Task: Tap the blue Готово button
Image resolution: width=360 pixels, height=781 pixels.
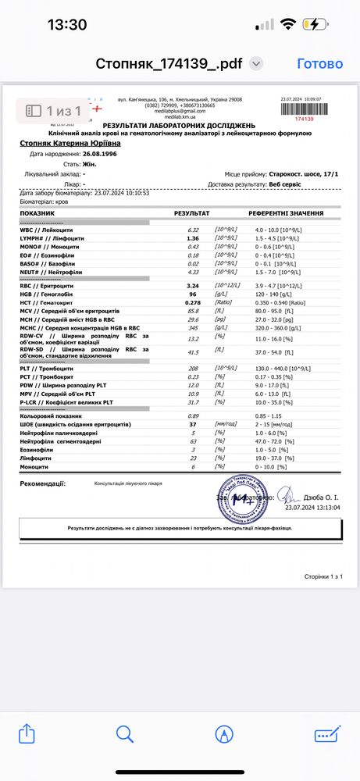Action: click(x=320, y=64)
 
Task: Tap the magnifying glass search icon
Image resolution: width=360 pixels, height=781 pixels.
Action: click(x=125, y=733)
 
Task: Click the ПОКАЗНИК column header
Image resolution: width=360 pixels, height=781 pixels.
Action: click(x=38, y=213)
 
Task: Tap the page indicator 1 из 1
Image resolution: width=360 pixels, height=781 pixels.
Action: click(x=55, y=112)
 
